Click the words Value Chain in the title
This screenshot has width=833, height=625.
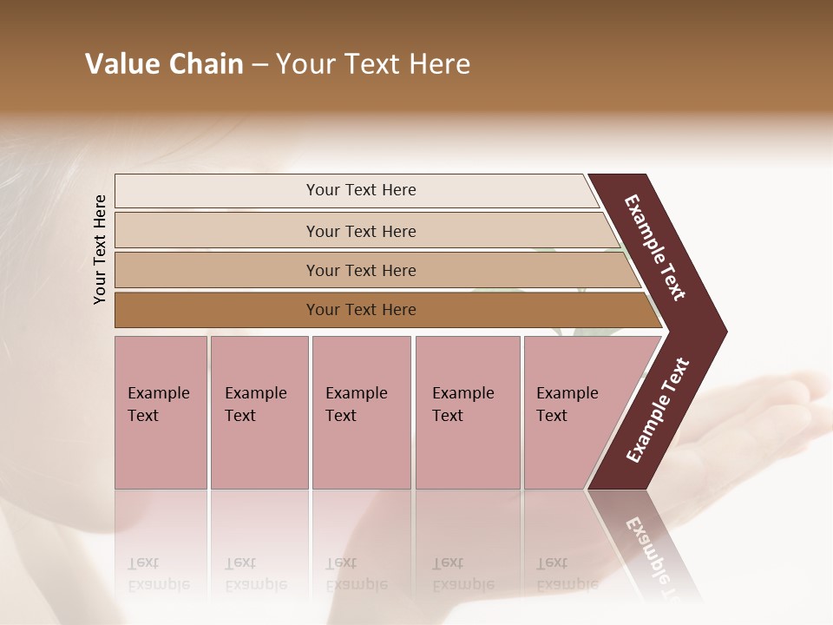[x=164, y=64]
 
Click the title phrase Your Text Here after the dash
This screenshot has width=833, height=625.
[x=373, y=64]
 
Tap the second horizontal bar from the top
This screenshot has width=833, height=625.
[x=361, y=231]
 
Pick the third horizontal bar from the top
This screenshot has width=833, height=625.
[x=361, y=270]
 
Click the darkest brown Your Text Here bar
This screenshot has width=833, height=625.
[x=361, y=310]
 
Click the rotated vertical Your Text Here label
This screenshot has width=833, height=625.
[x=100, y=249]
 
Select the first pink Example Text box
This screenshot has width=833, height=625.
[x=161, y=412]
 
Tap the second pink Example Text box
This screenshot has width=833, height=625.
[x=259, y=412]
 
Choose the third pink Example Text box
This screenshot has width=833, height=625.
[x=361, y=412]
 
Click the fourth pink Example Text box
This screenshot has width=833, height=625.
[x=467, y=412]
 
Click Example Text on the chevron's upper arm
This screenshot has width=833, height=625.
[x=655, y=247]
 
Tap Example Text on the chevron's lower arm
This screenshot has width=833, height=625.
[x=658, y=410]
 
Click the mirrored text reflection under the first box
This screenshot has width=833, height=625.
[x=158, y=574]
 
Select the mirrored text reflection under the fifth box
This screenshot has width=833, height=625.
[x=567, y=574]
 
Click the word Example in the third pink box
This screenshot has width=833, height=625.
[x=356, y=393]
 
